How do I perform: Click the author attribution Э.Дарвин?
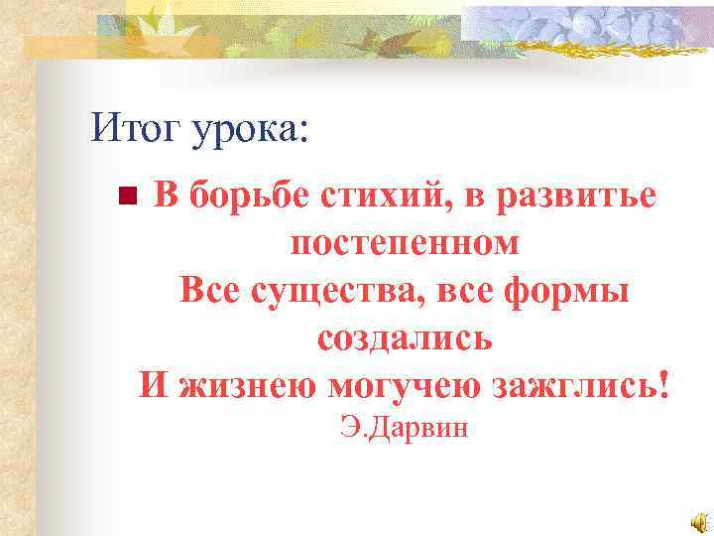(404, 429)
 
